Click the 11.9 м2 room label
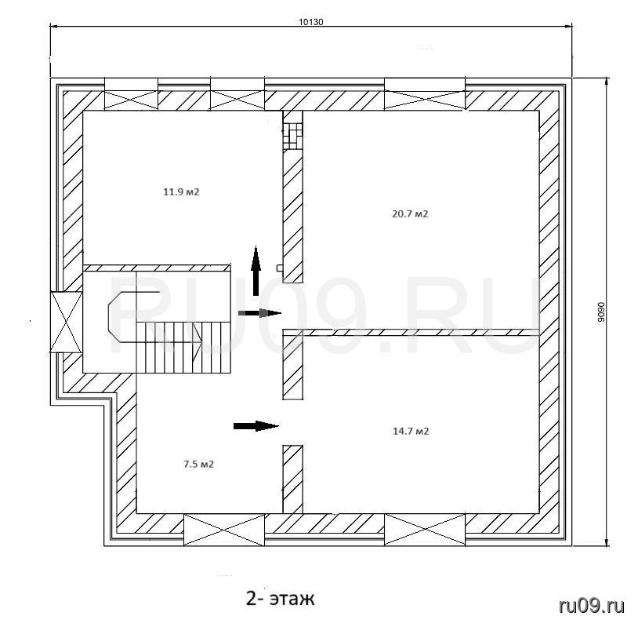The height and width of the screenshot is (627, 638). click(181, 191)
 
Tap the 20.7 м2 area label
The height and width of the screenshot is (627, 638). click(410, 213)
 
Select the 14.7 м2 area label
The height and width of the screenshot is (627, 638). click(411, 431)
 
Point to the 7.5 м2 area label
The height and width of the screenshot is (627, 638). click(198, 464)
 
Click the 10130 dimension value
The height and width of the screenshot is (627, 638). click(311, 22)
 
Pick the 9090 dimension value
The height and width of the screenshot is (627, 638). click(601, 312)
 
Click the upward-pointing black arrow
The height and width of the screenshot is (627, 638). click(256, 271)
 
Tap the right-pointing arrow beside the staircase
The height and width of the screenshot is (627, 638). click(259, 313)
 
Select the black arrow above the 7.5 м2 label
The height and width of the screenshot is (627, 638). click(256, 426)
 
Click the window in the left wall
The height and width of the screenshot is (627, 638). click(66, 322)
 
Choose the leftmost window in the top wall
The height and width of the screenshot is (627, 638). click(132, 93)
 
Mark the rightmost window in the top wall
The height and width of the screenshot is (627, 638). click(425, 93)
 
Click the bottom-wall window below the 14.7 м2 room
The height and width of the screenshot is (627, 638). click(425, 529)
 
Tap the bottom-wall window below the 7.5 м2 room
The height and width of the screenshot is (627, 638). click(224, 529)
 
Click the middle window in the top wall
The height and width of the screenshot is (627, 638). click(237, 93)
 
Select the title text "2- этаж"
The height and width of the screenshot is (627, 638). click(281, 599)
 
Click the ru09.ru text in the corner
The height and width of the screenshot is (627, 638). click(592, 606)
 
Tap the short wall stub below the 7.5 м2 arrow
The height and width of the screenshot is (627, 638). click(293, 479)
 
